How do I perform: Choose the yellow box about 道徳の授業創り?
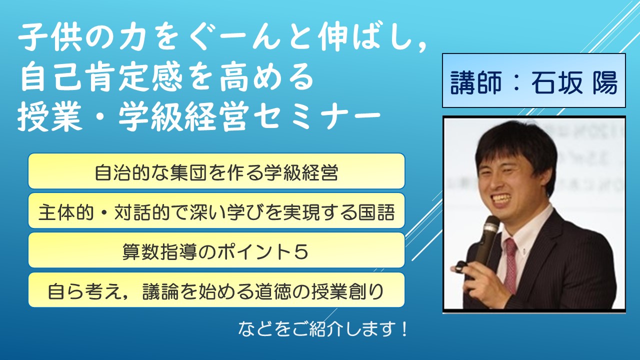(216, 290)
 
